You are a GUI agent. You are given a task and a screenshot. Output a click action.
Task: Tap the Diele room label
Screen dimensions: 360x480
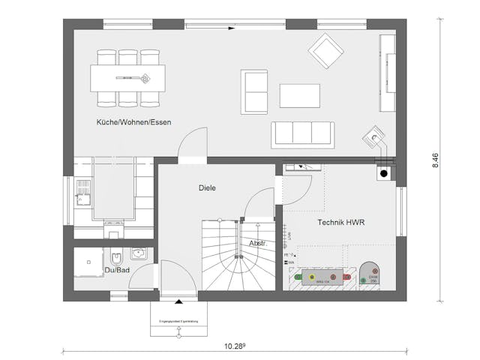click(x=207, y=188)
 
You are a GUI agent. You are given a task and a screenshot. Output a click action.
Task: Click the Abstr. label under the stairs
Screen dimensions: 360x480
click(x=259, y=244)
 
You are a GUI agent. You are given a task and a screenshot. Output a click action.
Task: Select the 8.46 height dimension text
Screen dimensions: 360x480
click(x=436, y=160)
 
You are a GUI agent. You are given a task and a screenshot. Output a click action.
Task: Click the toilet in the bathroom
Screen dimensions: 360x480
click(x=115, y=255)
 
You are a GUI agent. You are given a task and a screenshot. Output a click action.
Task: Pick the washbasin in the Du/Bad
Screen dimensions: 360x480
click(x=137, y=254)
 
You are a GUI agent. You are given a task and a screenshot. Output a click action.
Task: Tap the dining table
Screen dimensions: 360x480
click(x=127, y=76)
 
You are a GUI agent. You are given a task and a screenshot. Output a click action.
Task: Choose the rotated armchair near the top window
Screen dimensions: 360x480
click(x=326, y=52)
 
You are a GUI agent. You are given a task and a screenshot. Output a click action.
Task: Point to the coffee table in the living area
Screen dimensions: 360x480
click(x=300, y=96)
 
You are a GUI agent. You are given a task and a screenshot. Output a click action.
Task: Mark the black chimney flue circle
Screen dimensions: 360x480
click(x=384, y=174)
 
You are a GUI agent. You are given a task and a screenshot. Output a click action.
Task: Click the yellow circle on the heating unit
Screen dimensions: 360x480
click(x=311, y=277)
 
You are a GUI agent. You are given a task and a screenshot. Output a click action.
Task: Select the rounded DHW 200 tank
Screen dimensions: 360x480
click(x=370, y=275)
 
